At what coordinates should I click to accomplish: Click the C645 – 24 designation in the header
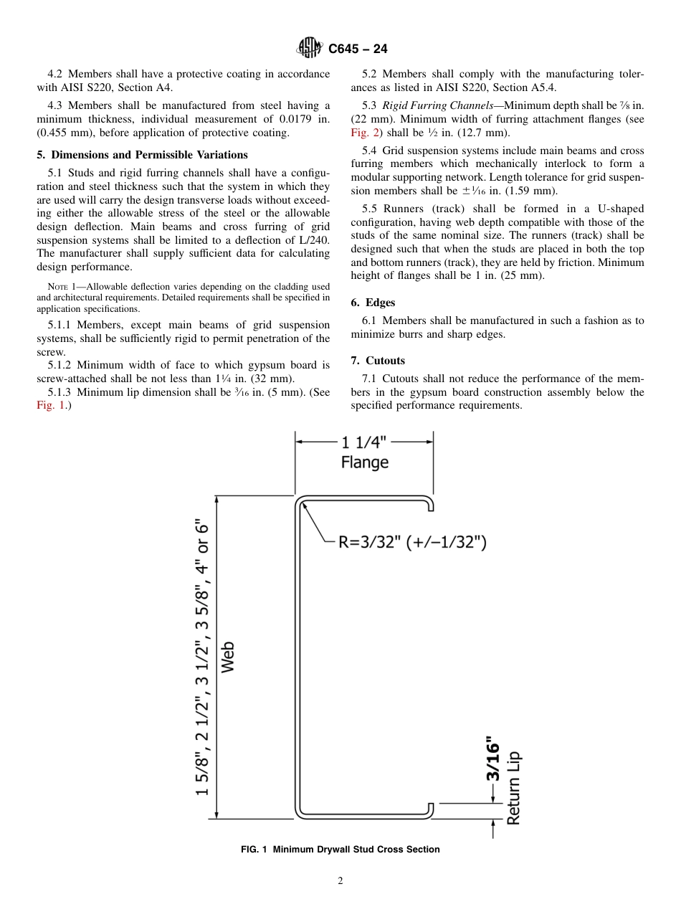point(358,49)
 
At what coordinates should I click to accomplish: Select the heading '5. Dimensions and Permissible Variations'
point(142,155)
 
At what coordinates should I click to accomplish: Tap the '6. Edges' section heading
point(373,303)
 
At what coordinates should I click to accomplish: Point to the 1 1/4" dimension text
point(364,442)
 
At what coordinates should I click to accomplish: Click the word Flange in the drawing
point(364,463)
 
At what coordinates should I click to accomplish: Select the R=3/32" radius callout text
point(412,542)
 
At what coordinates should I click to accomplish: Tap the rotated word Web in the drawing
point(227,657)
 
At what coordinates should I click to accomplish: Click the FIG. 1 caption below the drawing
point(340,850)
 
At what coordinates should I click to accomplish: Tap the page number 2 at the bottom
point(340,881)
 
